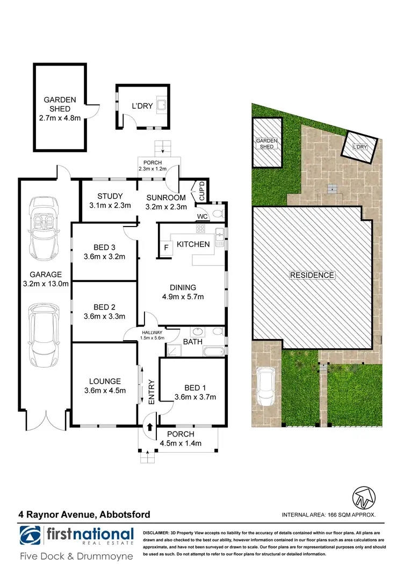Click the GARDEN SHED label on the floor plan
pyautogui.click(x=60, y=104)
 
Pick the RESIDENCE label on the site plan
pyautogui.click(x=312, y=275)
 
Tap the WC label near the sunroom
pyautogui.click(x=202, y=216)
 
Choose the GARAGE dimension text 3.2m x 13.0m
pyautogui.click(x=46, y=285)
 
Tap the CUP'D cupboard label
pyautogui.click(x=203, y=190)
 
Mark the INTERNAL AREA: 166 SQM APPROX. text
pyautogui.click(x=329, y=515)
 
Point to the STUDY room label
pyautogui.click(x=110, y=196)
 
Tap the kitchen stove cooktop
pyautogui.click(x=200, y=229)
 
